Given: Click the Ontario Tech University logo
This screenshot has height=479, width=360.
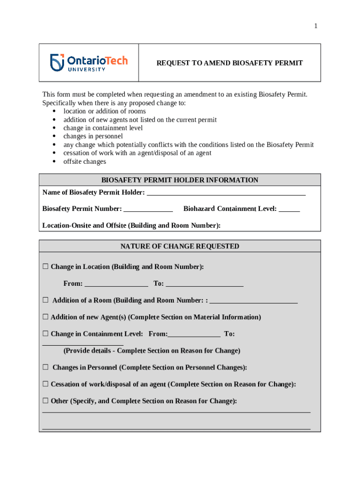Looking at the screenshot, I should tap(89, 62).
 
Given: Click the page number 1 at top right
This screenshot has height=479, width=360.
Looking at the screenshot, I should tap(316, 26).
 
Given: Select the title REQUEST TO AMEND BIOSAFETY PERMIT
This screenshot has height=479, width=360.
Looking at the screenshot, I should tap(229, 63).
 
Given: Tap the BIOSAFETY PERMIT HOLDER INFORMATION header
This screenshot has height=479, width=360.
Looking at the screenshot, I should tap(180, 180).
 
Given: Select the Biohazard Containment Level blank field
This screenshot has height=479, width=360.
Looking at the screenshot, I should tap(289, 209).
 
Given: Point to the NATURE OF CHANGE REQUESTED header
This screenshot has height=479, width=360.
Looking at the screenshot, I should tap(180, 246).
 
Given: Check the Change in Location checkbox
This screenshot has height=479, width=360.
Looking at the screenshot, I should tap(45, 267).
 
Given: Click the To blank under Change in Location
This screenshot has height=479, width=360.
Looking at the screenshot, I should tap(204, 283).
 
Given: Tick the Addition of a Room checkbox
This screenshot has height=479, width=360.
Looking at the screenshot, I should tap(45, 300).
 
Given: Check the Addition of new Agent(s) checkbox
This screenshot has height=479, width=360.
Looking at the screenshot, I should tap(45, 317).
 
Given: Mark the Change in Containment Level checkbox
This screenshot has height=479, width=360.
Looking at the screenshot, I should tap(45, 334).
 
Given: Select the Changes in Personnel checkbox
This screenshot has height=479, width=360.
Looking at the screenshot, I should tap(45, 368).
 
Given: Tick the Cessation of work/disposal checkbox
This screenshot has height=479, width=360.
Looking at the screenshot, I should tap(45, 385).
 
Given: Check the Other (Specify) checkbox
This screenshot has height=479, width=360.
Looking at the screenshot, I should tap(45, 401).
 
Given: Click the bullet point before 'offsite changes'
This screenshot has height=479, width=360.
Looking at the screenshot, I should tap(55, 162).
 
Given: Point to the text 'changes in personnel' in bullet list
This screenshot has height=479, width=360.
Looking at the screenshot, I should tap(93, 137).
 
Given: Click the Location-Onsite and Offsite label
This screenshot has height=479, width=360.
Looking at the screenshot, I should tap(131, 225).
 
